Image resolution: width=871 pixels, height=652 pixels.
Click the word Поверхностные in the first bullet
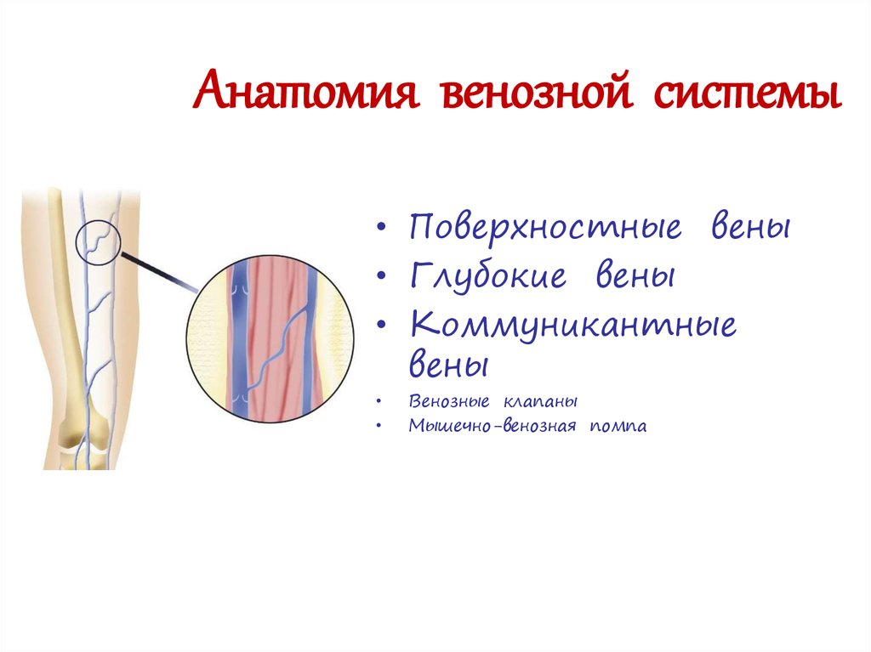(x=545, y=229)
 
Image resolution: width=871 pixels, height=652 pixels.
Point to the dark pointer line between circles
(x=162, y=269)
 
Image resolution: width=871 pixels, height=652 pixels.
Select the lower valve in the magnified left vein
(x=241, y=395)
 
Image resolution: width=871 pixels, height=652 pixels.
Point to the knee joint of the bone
(x=81, y=438)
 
